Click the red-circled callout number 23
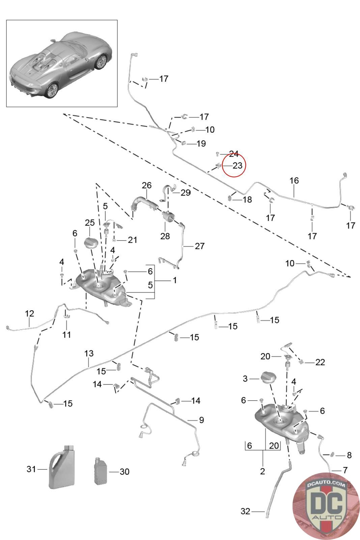(238, 165)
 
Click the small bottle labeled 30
(101, 471)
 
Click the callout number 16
(294, 181)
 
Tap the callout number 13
(89, 353)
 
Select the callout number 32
(245, 511)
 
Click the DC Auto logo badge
(326, 506)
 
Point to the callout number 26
(147, 185)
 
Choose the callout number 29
(186, 193)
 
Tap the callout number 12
(30, 313)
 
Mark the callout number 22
(320, 362)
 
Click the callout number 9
(201, 420)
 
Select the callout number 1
(175, 280)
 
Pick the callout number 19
(201, 143)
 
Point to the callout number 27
(200, 246)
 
